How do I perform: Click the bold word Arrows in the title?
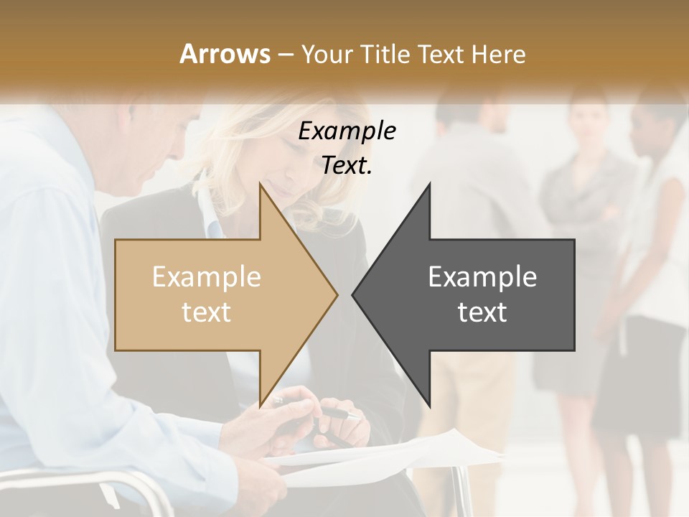(225, 54)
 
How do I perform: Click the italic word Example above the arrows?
(347, 131)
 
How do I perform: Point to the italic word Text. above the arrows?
(347, 166)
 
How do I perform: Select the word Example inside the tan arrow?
(206, 277)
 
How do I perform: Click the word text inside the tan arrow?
(206, 312)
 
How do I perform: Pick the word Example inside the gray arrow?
(482, 277)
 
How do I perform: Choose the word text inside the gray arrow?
(482, 312)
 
